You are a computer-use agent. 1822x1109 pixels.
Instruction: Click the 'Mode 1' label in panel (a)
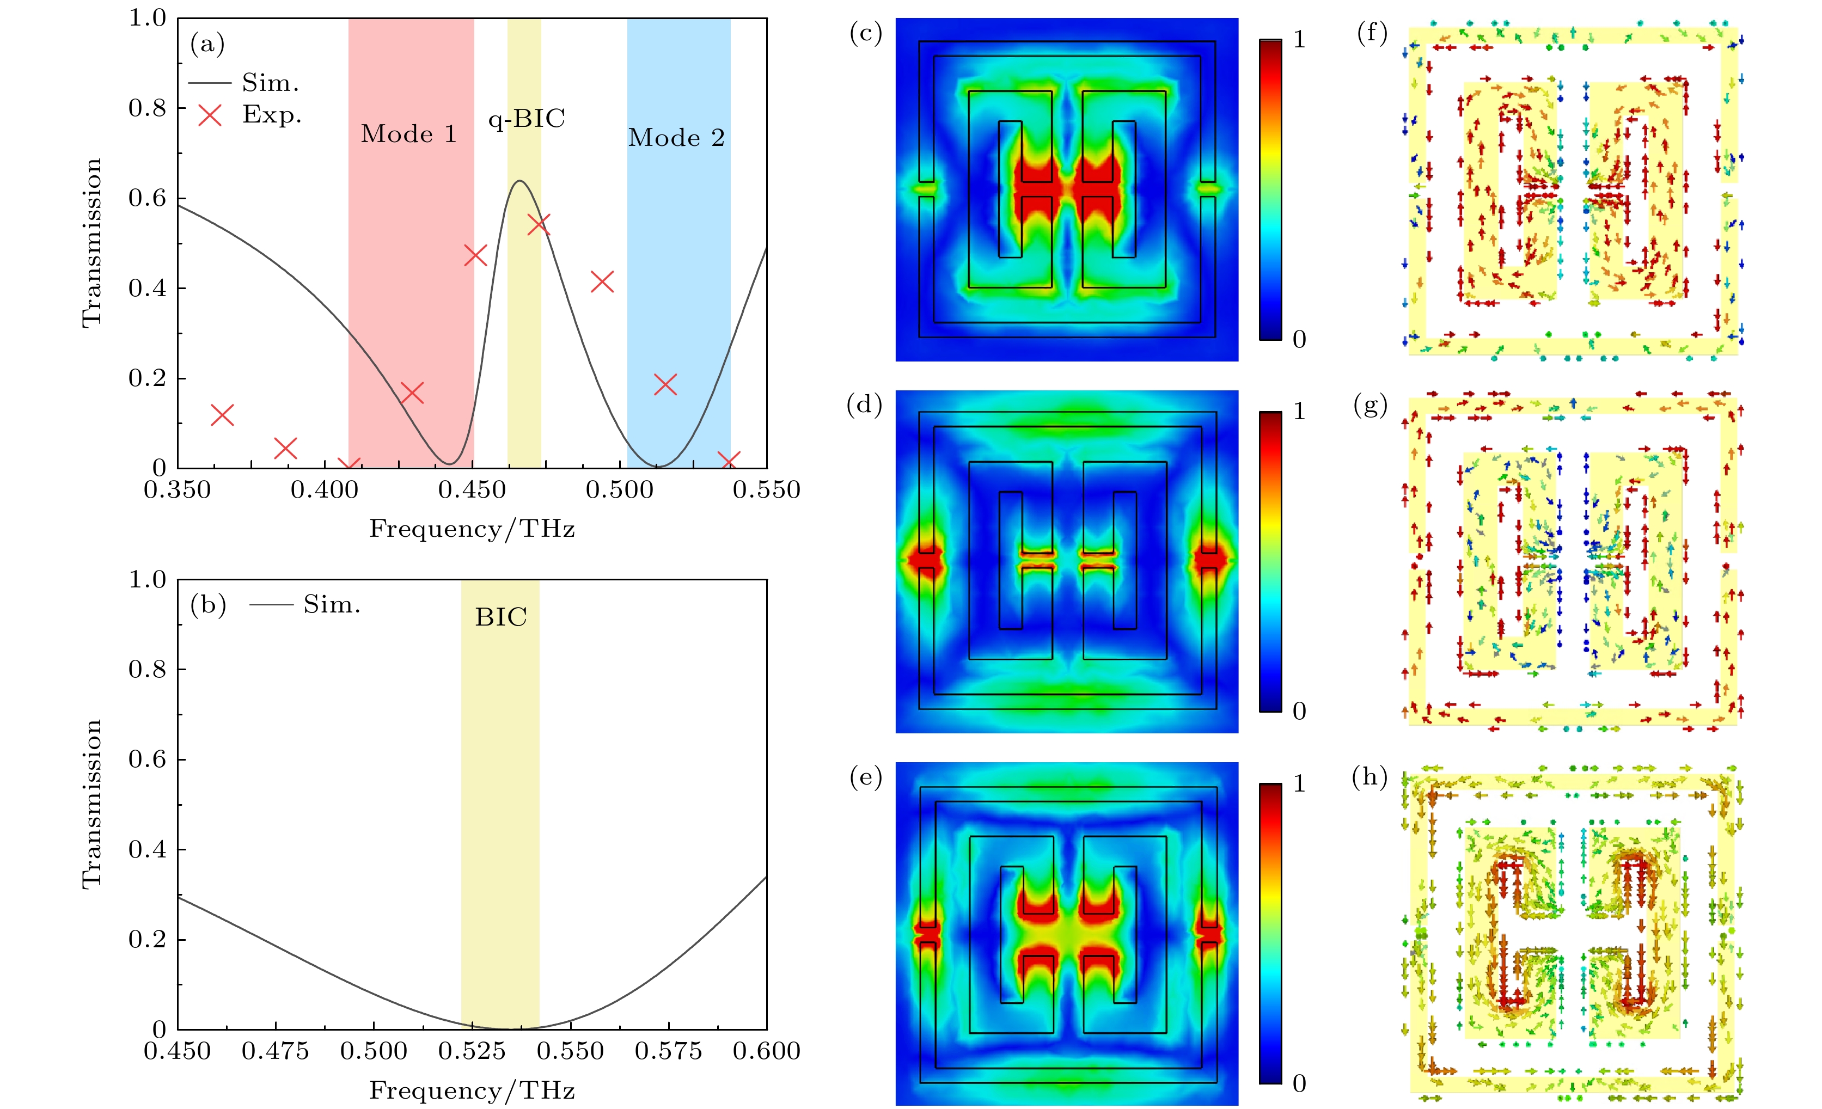point(408,134)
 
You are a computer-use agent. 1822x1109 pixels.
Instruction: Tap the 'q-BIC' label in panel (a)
point(527,118)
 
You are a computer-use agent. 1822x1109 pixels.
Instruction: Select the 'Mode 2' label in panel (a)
point(676,138)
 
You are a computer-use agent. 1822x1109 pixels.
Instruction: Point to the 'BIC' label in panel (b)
point(500,617)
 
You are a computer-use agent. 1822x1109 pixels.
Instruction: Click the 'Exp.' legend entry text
point(271,114)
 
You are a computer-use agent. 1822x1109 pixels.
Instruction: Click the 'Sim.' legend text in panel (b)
point(331,605)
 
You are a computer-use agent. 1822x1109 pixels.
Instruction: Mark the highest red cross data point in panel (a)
point(539,224)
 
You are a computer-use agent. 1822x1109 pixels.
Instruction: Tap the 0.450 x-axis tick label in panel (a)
point(472,490)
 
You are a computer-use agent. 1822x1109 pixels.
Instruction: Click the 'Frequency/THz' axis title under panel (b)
point(472,1090)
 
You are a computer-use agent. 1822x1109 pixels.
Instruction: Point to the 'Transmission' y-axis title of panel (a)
point(91,242)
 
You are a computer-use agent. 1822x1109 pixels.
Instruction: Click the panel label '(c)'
point(865,33)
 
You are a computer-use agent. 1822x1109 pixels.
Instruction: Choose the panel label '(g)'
point(1370,405)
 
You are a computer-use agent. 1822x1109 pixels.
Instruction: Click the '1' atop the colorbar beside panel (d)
point(1299,411)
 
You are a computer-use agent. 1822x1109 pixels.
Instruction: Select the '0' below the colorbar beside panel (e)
point(1299,1083)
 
